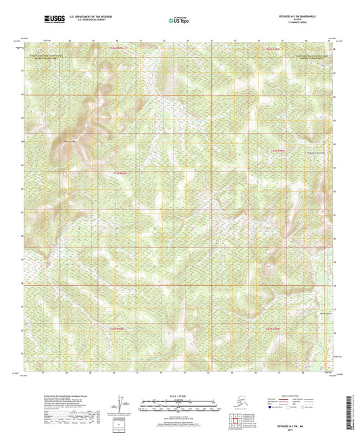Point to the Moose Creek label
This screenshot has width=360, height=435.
[x=307, y=312]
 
